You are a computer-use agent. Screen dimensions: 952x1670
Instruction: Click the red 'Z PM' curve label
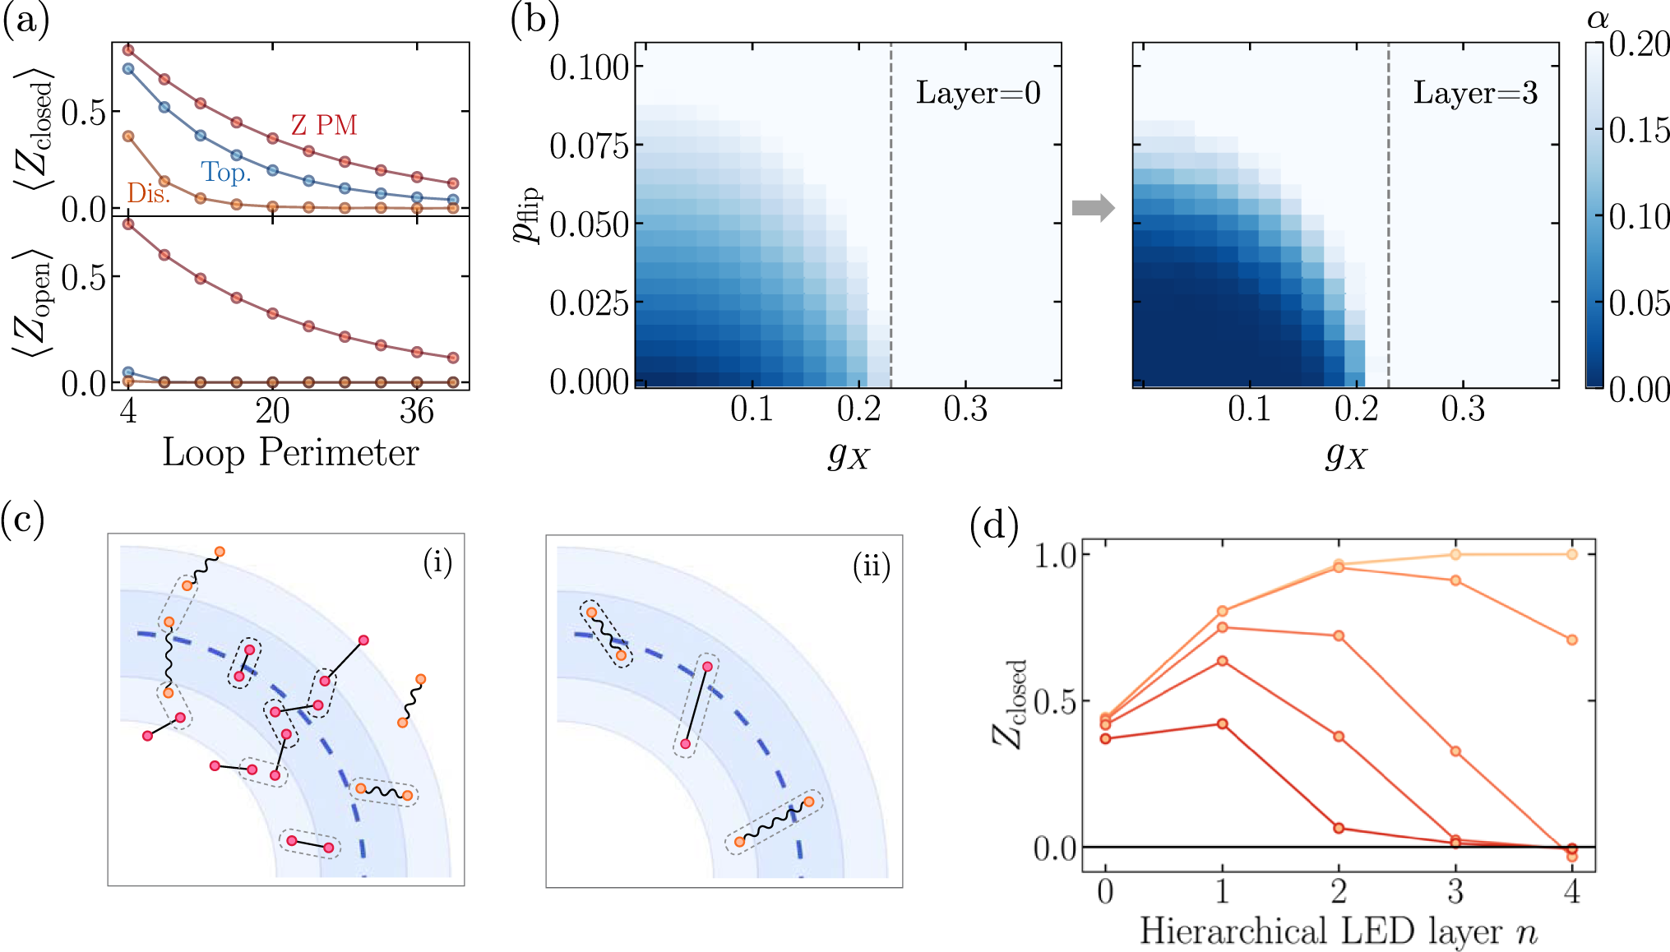324,125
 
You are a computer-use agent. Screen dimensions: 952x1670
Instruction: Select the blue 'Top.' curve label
226,172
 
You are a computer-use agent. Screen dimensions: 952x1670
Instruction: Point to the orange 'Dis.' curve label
149,193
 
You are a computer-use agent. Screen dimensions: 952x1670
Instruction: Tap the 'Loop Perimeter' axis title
290,452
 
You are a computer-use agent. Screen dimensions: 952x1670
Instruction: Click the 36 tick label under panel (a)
416,410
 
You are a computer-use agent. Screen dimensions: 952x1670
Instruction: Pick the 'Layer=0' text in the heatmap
978,93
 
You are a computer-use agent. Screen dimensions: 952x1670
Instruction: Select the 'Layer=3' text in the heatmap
1475,93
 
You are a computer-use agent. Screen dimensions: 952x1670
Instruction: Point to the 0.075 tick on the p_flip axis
589,146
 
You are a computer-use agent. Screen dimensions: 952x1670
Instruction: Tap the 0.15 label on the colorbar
1639,130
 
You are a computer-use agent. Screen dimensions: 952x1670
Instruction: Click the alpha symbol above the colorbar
1597,18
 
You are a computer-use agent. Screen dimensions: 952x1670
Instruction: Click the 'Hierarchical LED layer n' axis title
1338,931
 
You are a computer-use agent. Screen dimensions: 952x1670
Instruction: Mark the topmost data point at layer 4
1571,554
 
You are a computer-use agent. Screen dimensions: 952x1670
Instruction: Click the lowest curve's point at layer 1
1222,723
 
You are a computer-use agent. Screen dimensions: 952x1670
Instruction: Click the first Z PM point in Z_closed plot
128,50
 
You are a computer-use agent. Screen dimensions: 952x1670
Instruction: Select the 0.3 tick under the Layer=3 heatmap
1462,409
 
